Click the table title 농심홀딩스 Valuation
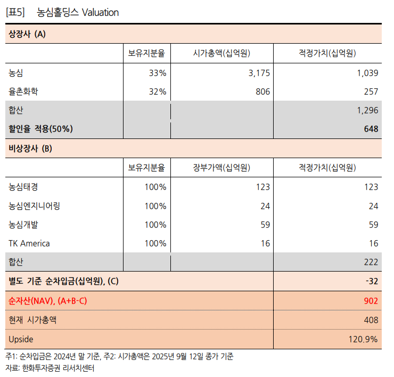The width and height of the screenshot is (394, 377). pos(78,12)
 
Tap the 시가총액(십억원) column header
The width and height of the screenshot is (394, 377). pos(221,53)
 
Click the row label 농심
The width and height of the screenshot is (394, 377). pos(16,73)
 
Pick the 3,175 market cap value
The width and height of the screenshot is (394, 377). pos(259,73)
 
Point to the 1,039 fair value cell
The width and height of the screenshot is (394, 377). pos(367,73)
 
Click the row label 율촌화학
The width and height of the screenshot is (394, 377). pos(23,92)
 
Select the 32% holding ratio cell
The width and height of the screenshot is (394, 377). pos(158,92)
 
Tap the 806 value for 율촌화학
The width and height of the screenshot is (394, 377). pos(262,92)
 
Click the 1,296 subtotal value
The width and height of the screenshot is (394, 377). pos(367,110)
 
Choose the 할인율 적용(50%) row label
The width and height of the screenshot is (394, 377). pos(40,129)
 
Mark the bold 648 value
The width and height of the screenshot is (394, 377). pos(371,129)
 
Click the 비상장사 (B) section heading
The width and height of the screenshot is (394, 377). pos(30,149)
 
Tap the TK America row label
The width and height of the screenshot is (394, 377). pos(29,243)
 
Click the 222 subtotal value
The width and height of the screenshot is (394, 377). pos(371,262)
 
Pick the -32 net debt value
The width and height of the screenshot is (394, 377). pos(371,281)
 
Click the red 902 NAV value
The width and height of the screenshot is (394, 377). pos(371,301)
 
